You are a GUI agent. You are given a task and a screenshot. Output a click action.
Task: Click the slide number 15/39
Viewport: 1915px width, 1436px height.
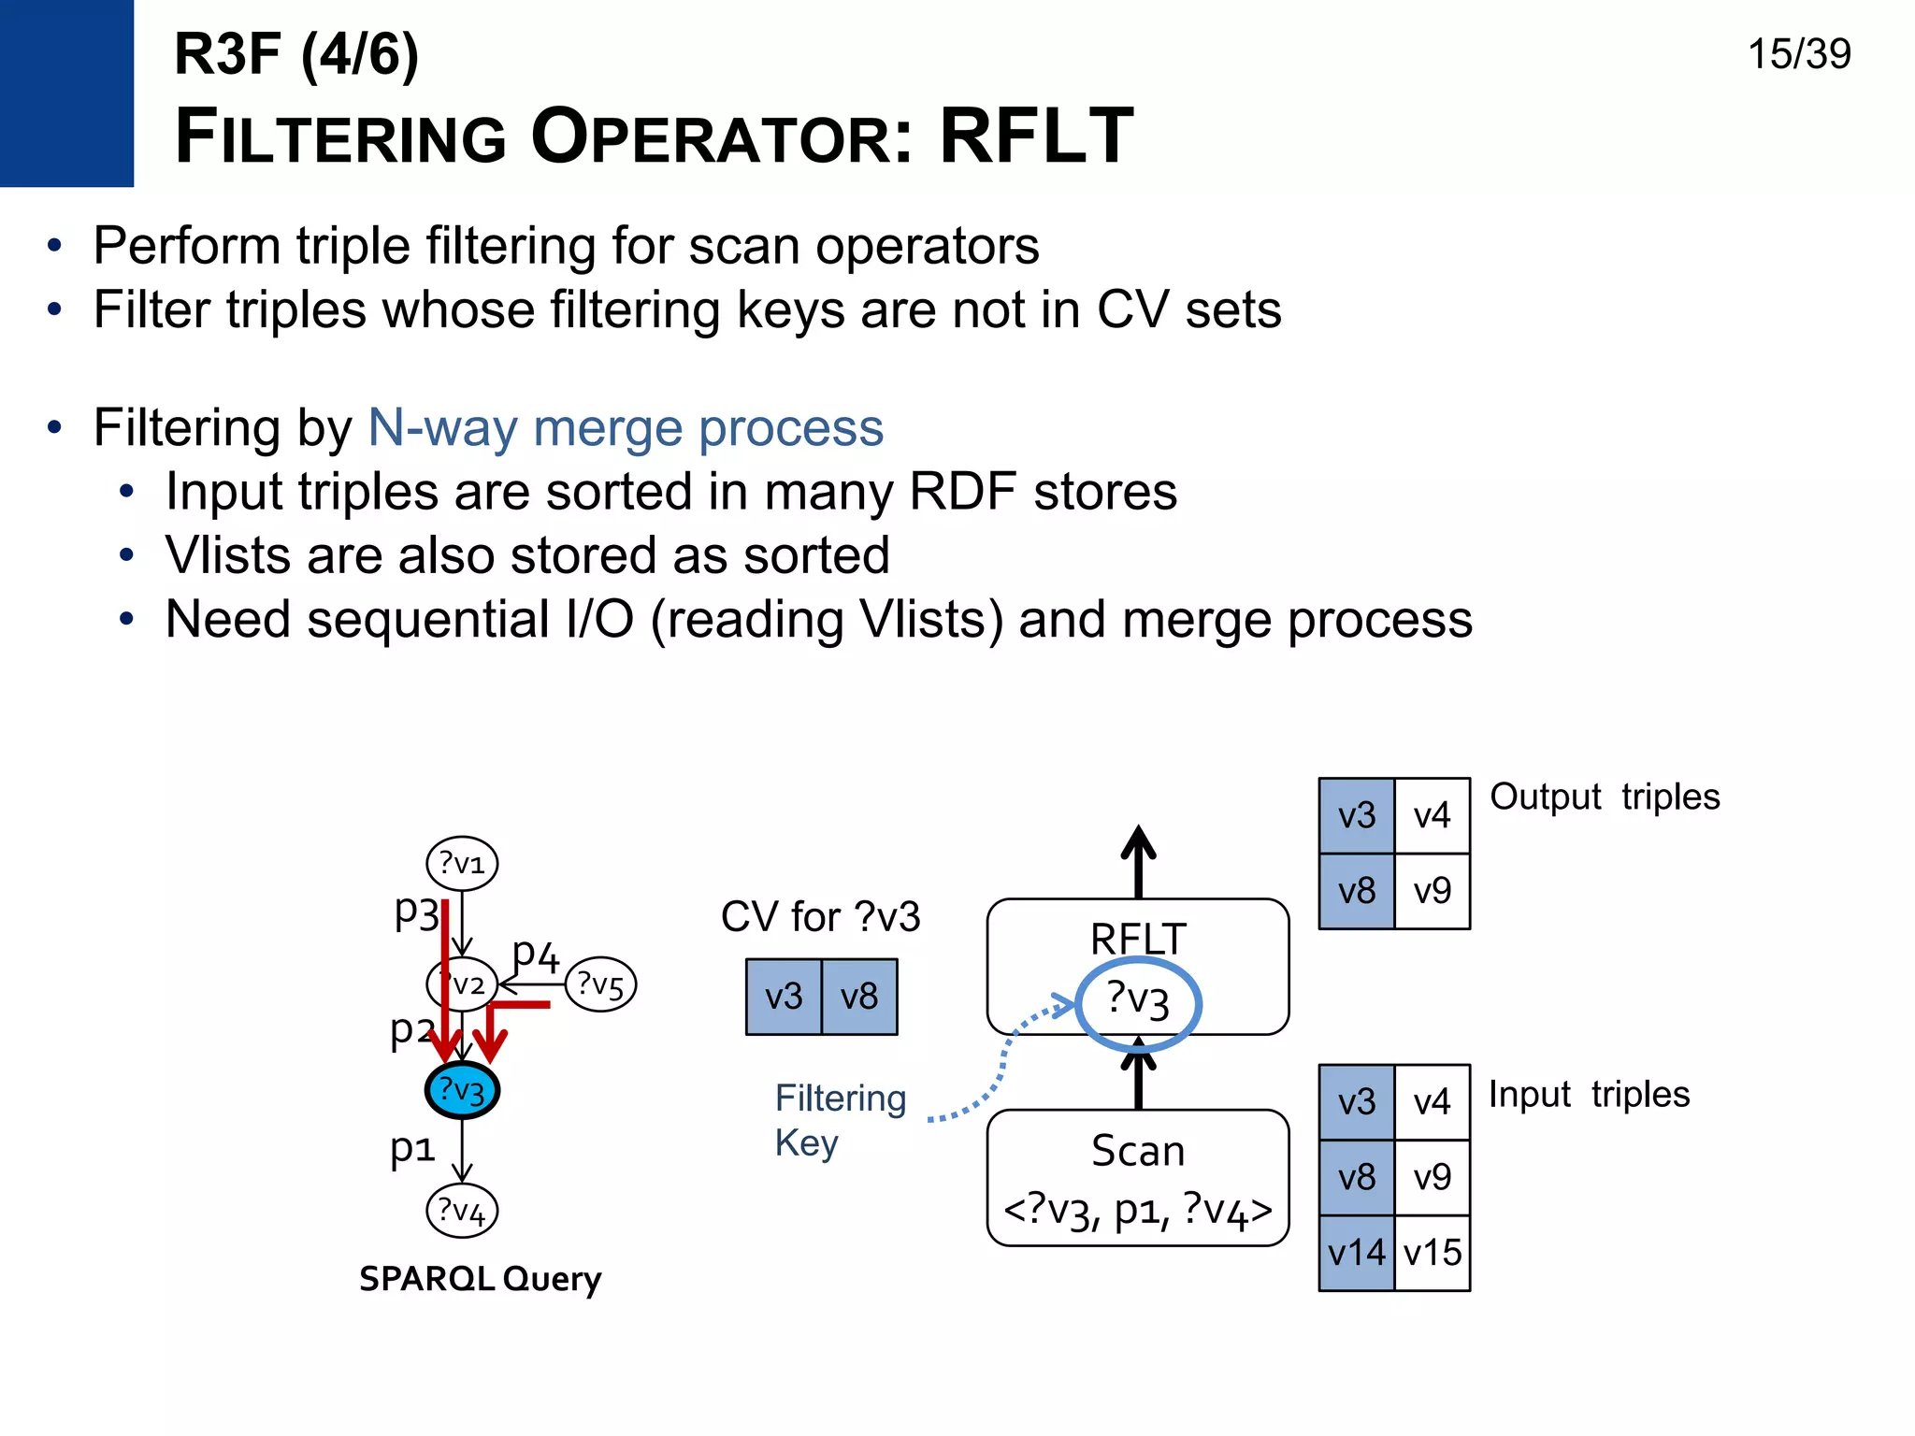[x=1798, y=54]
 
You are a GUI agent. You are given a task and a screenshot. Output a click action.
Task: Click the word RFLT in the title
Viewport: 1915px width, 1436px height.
[x=1036, y=136]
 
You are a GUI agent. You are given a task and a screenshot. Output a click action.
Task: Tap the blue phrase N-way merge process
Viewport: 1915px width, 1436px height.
[x=626, y=428]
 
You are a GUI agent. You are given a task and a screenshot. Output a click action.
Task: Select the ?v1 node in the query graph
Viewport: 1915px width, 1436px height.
[x=462, y=862]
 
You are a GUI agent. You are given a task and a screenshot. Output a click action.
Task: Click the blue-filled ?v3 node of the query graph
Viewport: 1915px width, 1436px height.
[x=462, y=1090]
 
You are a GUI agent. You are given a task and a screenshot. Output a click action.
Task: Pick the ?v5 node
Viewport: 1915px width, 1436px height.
[x=600, y=984]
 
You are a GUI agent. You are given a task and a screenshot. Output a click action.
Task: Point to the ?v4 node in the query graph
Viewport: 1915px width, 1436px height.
[x=462, y=1211]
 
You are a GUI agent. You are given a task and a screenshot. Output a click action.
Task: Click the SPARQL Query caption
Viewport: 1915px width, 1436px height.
[x=480, y=1278]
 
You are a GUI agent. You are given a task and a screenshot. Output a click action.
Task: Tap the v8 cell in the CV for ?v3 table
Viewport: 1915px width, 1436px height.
[x=859, y=997]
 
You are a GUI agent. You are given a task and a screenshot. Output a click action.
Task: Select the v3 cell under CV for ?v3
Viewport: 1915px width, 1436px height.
[x=784, y=997]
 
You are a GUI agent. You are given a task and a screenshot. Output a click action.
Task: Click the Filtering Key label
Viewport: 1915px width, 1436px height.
[x=839, y=1120]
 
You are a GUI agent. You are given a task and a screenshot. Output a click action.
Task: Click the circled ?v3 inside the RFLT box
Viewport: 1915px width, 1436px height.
[x=1138, y=1001]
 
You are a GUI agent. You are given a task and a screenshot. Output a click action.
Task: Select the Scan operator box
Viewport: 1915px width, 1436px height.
[x=1138, y=1178]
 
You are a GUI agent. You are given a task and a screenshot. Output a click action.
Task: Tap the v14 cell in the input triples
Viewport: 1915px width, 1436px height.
[x=1356, y=1253]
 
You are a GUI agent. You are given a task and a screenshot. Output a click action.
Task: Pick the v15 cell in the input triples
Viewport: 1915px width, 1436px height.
[x=1433, y=1253]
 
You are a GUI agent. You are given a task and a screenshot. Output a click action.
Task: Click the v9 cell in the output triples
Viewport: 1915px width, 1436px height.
[x=1433, y=891]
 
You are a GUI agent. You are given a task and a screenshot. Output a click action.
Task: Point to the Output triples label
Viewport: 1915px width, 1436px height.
[x=1605, y=797]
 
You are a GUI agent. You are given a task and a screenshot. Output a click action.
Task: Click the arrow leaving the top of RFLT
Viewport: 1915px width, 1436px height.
[x=1138, y=860]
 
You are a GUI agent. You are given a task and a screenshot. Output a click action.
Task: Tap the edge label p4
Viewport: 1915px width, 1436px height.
[x=536, y=955]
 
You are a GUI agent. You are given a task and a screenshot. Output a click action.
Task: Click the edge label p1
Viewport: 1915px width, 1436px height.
[x=412, y=1147]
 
